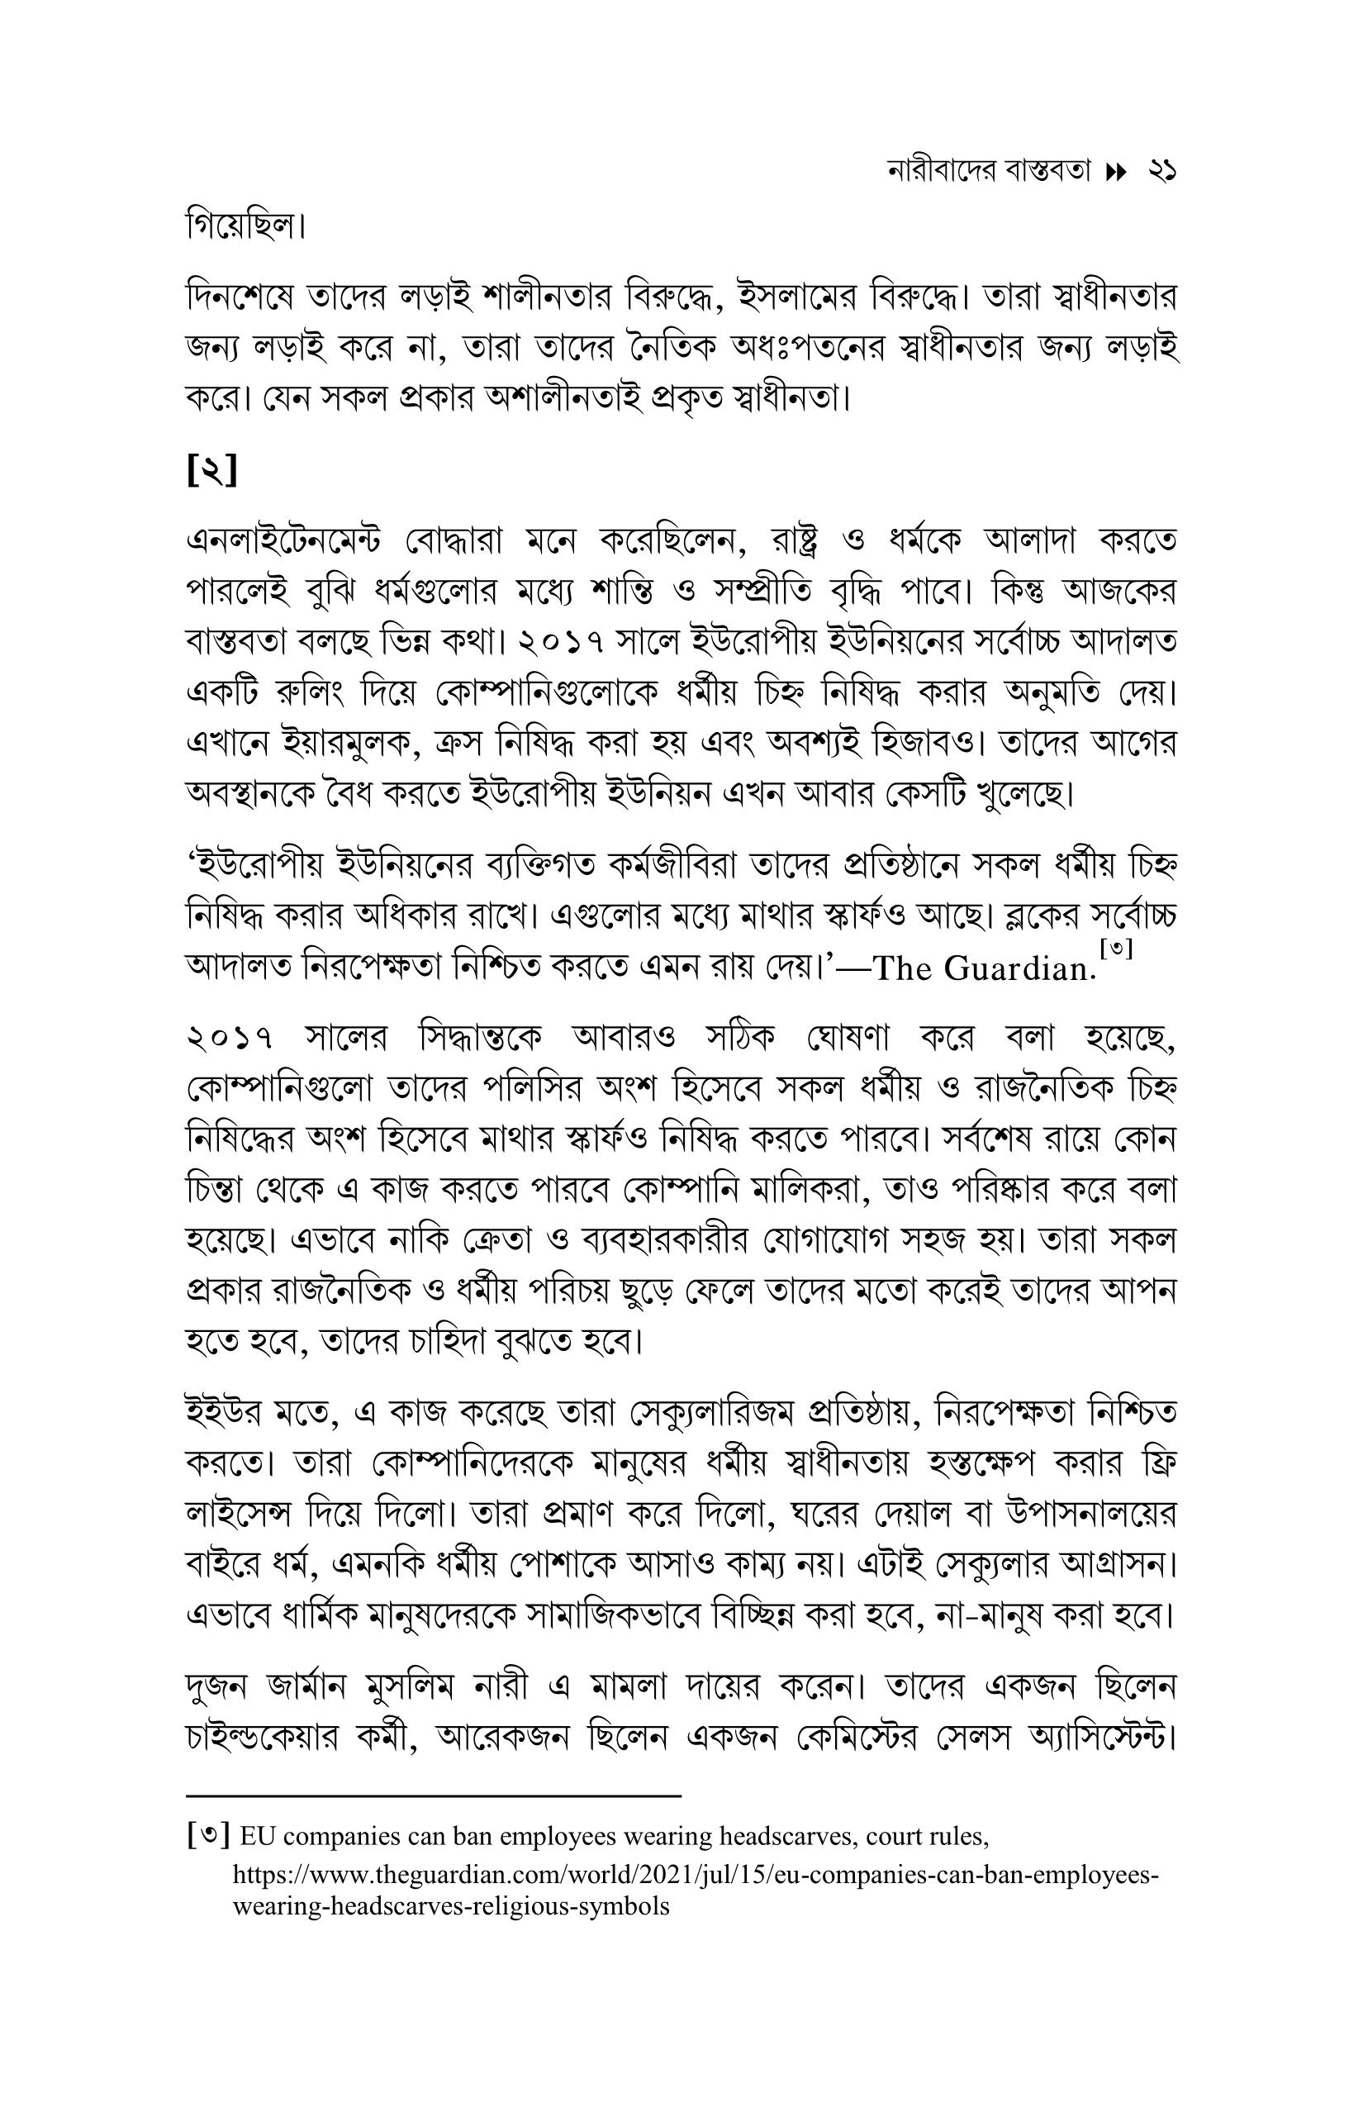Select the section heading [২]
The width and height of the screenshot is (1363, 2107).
(x=211, y=471)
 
